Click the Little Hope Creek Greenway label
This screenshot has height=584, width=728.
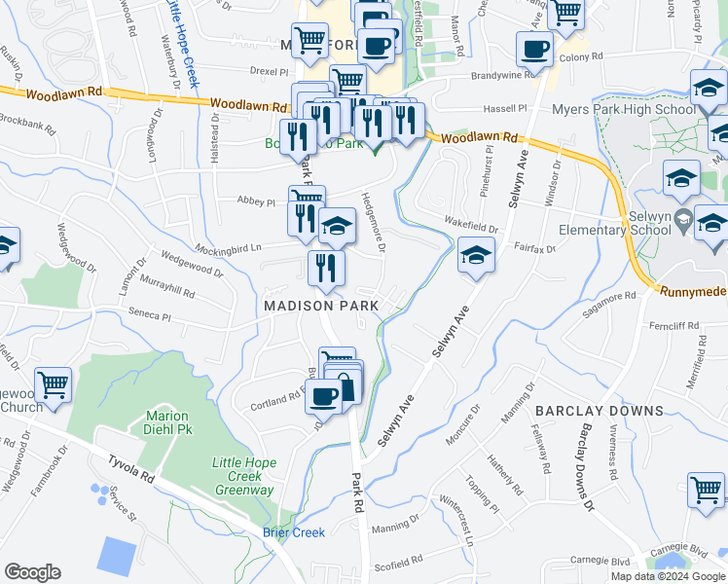coord(243,476)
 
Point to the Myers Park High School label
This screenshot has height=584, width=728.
coord(624,109)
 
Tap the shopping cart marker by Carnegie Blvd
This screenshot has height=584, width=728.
coord(706,489)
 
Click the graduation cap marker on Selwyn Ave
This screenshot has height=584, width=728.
coord(474,255)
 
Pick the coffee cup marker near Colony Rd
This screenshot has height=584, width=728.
coord(533,48)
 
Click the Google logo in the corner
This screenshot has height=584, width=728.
coord(32,572)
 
